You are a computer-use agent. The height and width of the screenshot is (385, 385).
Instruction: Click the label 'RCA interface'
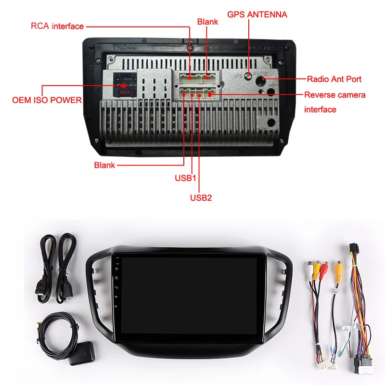click(x=57, y=26)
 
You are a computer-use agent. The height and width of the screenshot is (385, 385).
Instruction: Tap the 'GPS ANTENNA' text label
click(x=257, y=14)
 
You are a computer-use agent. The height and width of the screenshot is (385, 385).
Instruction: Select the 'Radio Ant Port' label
click(x=334, y=79)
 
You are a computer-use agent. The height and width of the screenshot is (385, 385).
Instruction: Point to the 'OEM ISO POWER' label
click(x=47, y=101)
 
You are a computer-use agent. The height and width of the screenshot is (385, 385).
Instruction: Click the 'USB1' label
click(x=186, y=178)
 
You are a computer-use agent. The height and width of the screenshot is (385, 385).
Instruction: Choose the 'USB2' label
click(x=201, y=197)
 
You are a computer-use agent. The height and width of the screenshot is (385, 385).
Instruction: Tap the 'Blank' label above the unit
click(x=207, y=22)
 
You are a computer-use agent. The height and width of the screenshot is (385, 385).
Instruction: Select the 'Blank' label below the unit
click(x=104, y=165)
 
